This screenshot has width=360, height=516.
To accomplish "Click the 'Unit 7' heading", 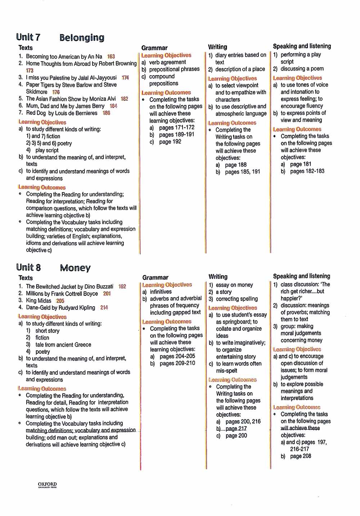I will point(28,37).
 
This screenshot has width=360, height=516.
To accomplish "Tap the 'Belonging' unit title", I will point(82,38).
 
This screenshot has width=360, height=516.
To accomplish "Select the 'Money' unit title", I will point(75,268).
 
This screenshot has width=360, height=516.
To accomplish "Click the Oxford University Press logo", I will point(47,485).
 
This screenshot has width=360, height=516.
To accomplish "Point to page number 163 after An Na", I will point(111,56).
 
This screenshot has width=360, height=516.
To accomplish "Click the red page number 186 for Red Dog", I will point(106,113).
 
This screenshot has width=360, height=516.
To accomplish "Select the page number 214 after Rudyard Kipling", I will point(104,308).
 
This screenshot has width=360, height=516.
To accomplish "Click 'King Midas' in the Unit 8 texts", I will point(39,300).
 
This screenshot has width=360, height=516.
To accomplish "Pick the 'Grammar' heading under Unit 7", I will point(154,48).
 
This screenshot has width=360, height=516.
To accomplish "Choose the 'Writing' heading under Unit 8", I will point(218,277).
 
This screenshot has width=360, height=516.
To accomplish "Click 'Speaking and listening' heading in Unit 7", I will point(302,46).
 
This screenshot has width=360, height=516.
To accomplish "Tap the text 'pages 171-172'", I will point(176,127).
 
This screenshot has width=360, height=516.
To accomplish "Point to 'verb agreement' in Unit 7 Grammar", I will point(167,62).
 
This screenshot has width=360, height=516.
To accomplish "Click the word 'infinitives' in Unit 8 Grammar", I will point(161,292).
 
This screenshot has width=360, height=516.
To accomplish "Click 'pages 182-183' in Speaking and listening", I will point(307,171).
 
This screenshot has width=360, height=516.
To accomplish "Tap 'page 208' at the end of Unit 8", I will point(301,456).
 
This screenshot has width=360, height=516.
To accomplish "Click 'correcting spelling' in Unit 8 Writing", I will point(237,299).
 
